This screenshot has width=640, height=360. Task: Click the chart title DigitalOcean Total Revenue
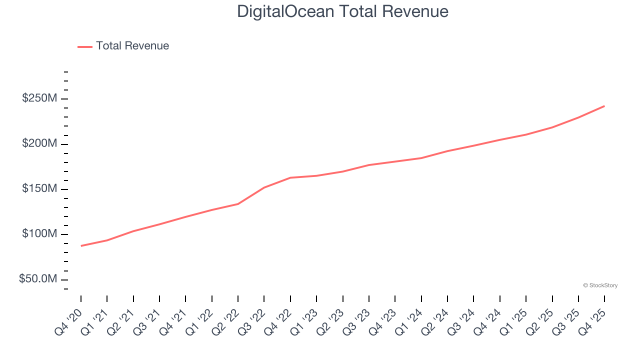tap(342, 11)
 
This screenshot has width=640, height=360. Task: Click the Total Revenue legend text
tap(132, 46)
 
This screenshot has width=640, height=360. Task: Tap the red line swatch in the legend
tap(85, 46)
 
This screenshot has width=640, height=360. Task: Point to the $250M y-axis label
tap(39, 98)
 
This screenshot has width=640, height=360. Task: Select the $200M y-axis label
tap(39, 144)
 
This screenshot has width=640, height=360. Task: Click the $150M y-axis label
tap(39, 189)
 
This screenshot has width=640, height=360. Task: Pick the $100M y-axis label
tap(39, 234)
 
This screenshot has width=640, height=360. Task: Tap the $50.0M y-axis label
tap(38, 279)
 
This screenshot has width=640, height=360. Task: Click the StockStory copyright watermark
tap(600, 285)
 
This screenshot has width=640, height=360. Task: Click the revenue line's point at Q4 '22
tap(290, 177)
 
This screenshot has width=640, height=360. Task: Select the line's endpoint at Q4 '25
tap(604, 106)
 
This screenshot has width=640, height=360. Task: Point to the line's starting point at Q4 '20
tap(81, 245)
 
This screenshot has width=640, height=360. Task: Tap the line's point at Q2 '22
tap(238, 203)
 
